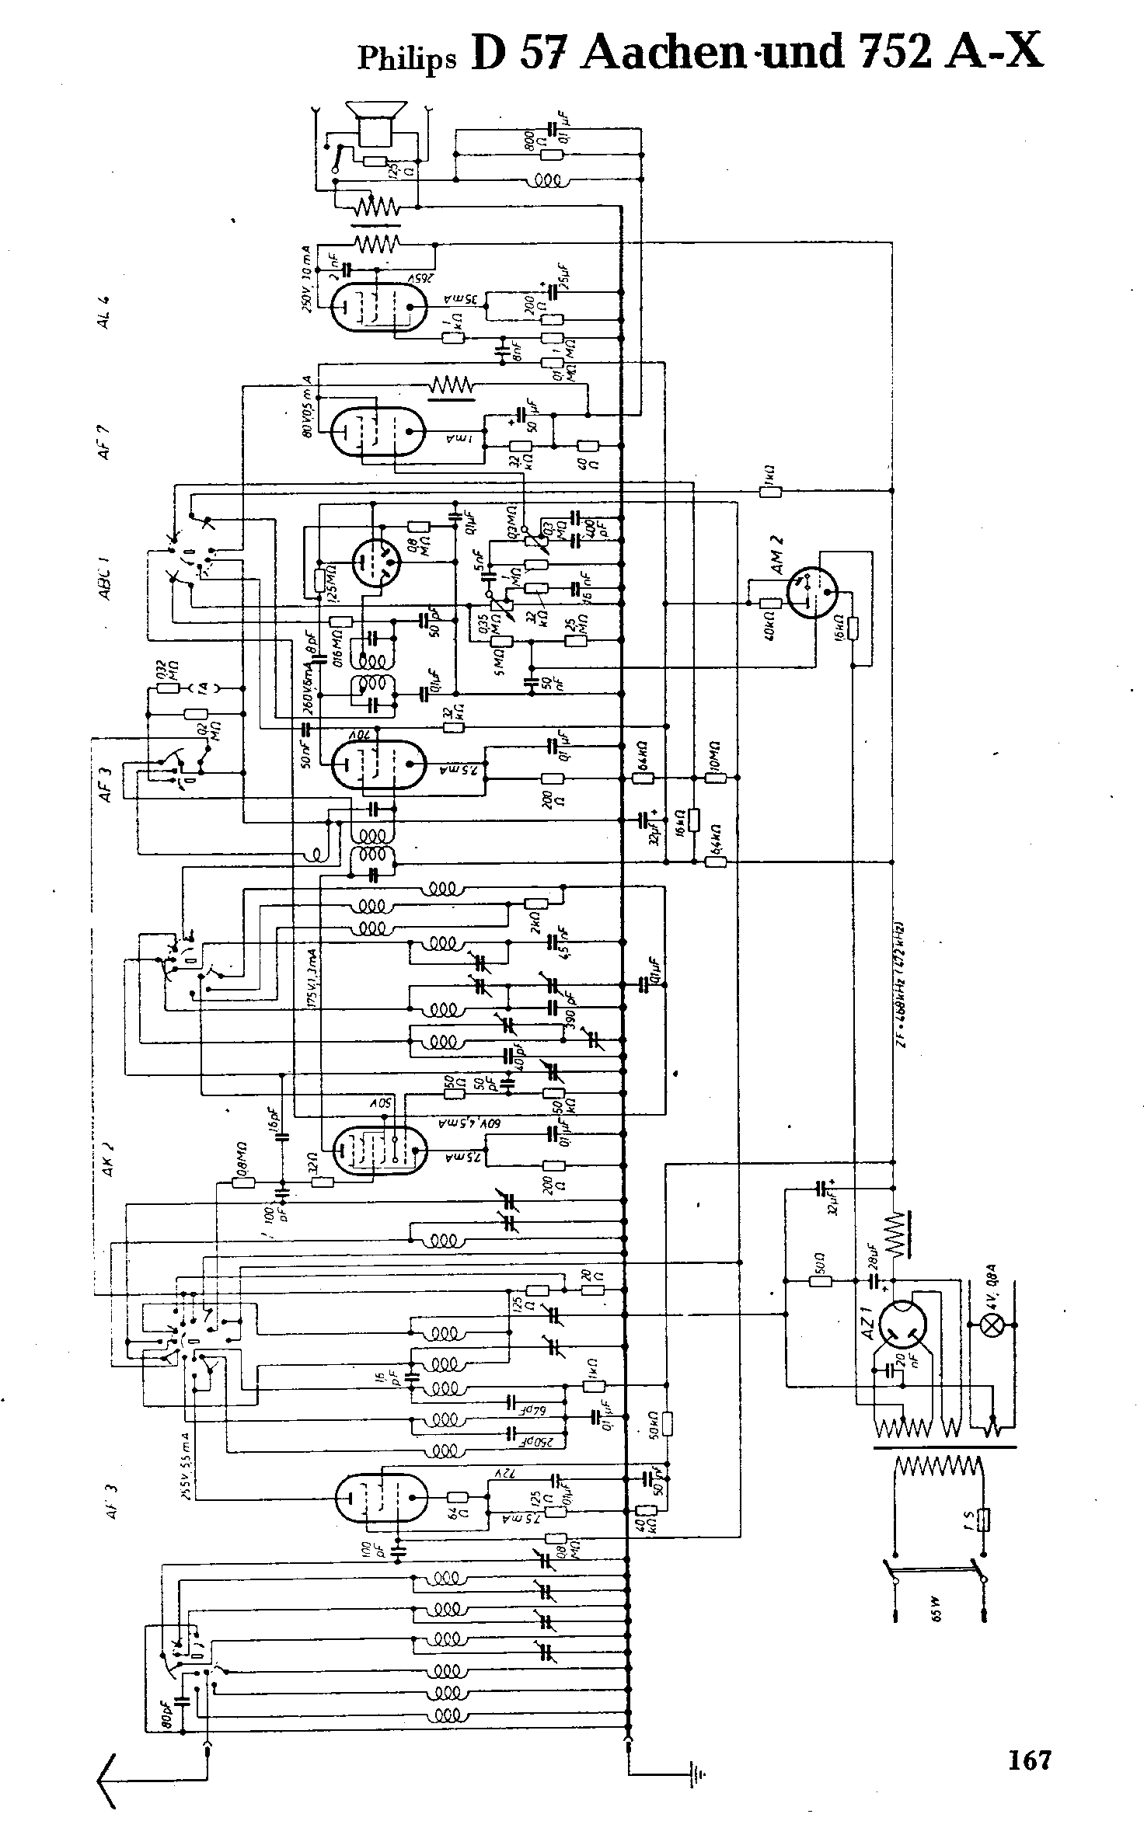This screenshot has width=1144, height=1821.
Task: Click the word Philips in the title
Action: click(x=406, y=57)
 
